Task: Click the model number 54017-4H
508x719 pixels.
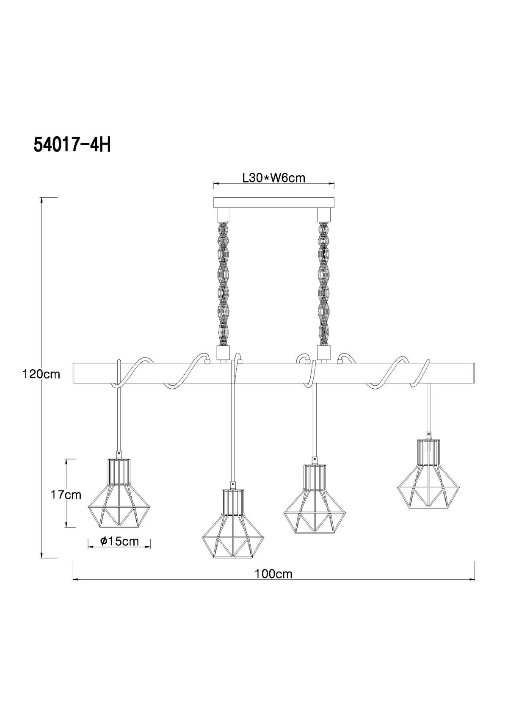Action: pos(72,145)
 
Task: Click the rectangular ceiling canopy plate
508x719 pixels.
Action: pos(274,202)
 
